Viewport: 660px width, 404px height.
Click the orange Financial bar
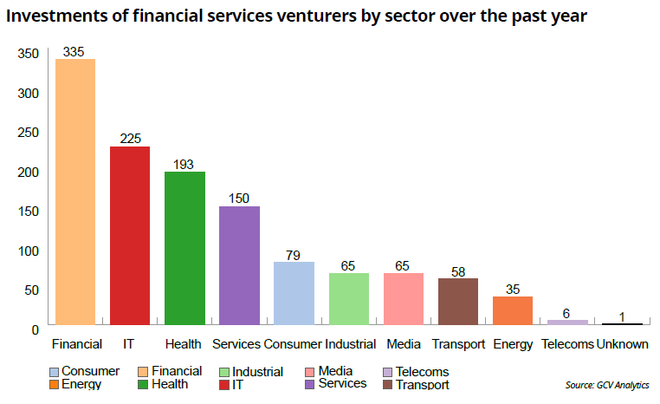75,192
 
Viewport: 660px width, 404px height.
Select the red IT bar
130,236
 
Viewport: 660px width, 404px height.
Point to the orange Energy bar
513,310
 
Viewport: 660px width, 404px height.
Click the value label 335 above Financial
74,52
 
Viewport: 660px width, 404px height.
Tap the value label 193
184,164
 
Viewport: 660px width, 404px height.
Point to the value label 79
294,254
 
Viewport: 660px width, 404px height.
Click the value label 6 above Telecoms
567,313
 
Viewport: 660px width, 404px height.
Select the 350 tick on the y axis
28,54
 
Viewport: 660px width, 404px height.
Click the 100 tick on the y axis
28,251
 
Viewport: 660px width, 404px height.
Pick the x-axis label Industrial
350,344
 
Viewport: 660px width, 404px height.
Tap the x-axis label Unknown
623,344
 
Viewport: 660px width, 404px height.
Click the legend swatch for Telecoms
389,372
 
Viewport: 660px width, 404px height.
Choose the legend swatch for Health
144,384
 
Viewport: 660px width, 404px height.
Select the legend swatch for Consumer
55,372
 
